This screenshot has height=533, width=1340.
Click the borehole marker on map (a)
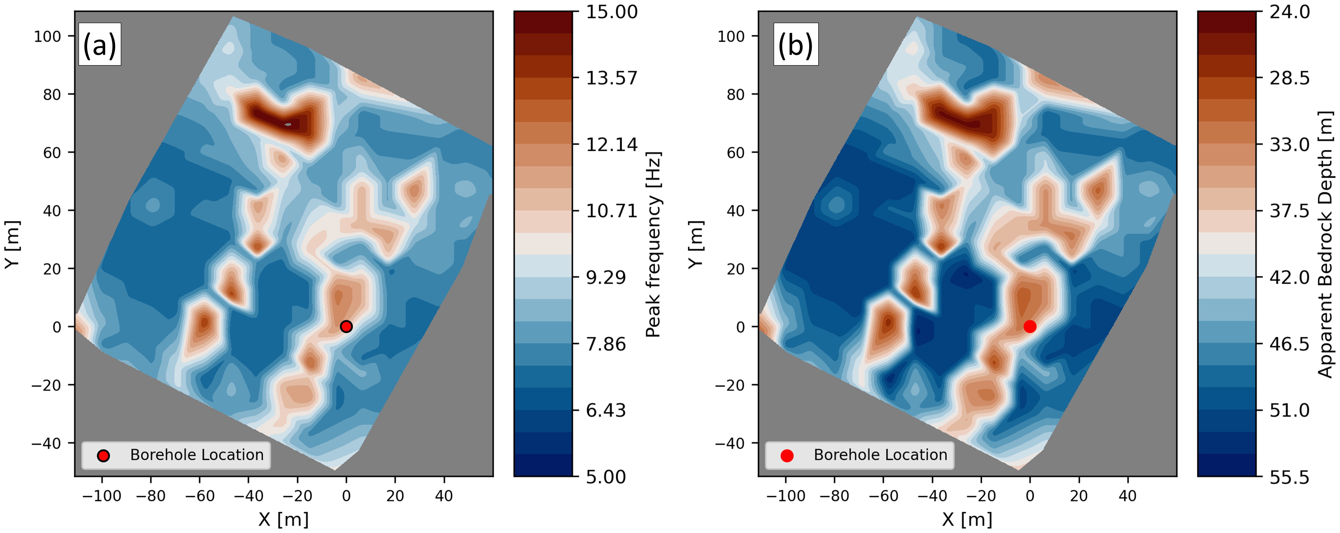point(346,327)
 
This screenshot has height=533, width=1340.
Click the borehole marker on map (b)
point(1029,327)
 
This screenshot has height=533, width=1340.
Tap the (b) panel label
point(795,45)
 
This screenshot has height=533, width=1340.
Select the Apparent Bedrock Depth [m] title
point(1326,244)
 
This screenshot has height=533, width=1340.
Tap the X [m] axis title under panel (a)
point(283,519)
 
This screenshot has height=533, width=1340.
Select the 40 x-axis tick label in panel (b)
point(1127,496)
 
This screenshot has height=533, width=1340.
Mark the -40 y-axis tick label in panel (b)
point(730,443)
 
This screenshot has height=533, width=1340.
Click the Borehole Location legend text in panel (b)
point(880,455)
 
